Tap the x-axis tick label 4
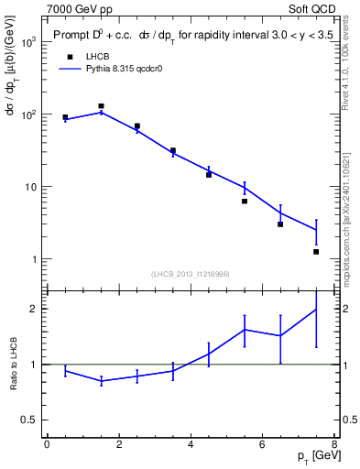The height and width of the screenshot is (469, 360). [191, 444]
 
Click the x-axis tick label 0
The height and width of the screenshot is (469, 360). [47, 444]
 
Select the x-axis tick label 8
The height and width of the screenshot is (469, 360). [334, 444]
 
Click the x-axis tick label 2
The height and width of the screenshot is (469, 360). [119, 444]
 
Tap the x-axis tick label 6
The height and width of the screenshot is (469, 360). [263, 444]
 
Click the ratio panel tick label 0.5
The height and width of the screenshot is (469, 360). [27, 420]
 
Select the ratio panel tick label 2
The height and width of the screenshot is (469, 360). [32, 309]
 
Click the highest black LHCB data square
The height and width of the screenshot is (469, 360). [101, 106]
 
